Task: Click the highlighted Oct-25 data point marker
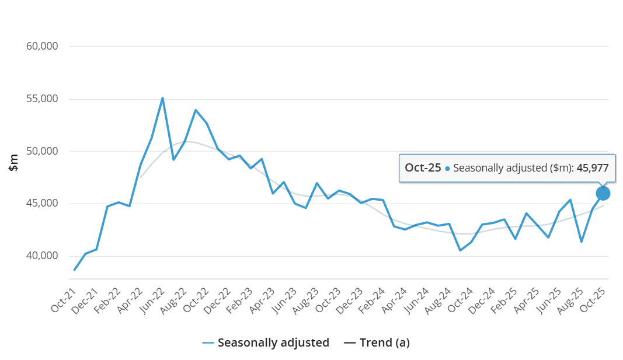[x=603, y=193]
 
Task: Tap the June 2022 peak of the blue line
[x=162, y=97]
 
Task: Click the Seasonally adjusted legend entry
[x=266, y=342]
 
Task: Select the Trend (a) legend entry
[x=377, y=342]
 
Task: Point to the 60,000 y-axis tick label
[x=43, y=46]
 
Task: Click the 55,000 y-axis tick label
[x=43, y=99]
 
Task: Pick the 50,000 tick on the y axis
[x=43, y=151]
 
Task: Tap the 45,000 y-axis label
[x=43, y=204]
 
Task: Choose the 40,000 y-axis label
[x=43, y=256]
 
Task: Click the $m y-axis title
[x=14, y=162]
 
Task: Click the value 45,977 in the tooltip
[x=593, y=168]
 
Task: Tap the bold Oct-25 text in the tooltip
[x=423, y=168]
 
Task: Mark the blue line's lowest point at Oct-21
[x=75, y=270]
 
